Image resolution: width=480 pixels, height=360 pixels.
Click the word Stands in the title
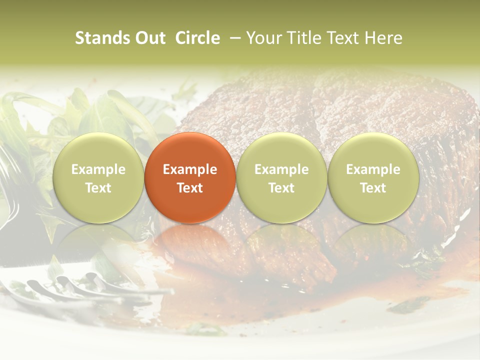(x=101, y=38)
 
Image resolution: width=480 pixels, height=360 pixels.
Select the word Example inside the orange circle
(x=190, y=169)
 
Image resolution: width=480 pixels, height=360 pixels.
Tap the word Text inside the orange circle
(x=190, y=188)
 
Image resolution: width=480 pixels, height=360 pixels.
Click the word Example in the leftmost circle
(x=98, y=169)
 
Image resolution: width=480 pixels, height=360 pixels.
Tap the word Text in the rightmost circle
(x=373, y=188)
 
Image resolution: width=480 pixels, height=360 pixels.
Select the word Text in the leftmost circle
(x=98, y=188)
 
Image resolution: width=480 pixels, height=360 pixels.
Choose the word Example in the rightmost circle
(x=373, y=169)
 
